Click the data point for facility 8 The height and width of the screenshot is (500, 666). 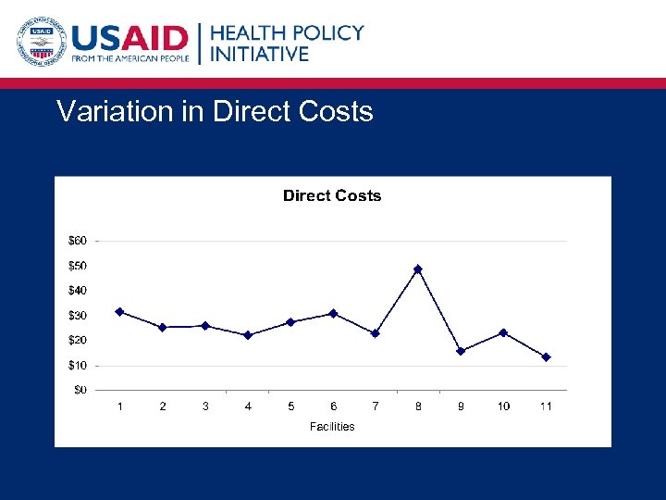[418, 269]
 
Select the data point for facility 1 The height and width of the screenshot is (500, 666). [119, 312]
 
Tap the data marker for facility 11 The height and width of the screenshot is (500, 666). [546, 357]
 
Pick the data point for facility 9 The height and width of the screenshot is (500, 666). [461, 351]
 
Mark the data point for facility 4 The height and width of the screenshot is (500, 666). [248, 335]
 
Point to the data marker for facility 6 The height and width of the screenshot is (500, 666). [333, 313]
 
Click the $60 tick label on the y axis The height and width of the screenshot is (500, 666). [79, 241]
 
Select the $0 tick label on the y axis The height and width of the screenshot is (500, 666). [81, 390]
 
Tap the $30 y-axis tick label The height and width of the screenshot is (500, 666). [79, 316]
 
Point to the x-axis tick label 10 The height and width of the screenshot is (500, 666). [503, 406]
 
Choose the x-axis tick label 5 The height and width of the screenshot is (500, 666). [290, 406]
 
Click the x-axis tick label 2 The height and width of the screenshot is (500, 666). [163, 406]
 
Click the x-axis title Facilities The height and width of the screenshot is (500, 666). [332, 427]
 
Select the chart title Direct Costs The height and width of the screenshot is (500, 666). [332, 195]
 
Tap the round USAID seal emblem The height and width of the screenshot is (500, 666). [40, 42]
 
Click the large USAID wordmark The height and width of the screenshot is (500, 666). [129, 38]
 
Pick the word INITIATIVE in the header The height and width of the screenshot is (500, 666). [260, 55]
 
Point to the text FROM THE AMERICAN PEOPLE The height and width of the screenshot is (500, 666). [129, 59]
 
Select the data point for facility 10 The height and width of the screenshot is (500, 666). [503, 332]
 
